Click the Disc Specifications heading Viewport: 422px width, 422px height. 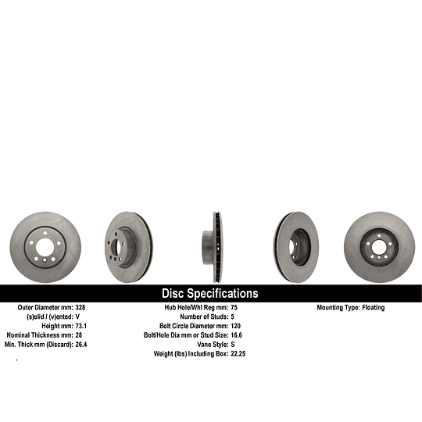click(x=210, y=293)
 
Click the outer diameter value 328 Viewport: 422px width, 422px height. click(x=80, y=307)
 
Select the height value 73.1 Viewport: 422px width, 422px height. click(x=81, y=326)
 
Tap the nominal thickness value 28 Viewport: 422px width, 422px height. click(x=79, y=335)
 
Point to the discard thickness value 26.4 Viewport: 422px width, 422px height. click(x=81, y=345)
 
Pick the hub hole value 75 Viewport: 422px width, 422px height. click(x=234, y=307)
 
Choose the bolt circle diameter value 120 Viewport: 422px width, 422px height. click(x=235, y=326)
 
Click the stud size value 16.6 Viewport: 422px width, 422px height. click(x=236, y=335)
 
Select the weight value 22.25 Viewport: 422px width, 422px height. click(x=238, y=354)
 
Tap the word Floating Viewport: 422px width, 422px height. click(x=374, y=308)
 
